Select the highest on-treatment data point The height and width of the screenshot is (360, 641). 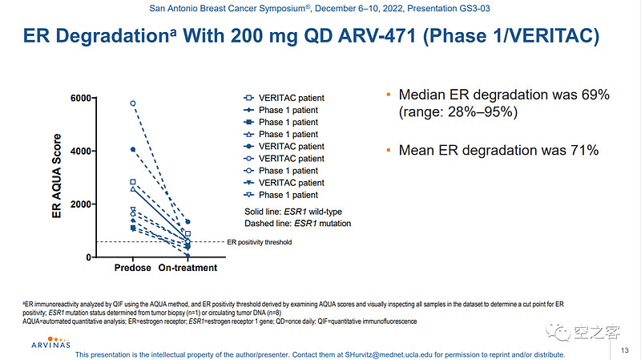(x=187, y=221)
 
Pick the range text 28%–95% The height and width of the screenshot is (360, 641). (x=478, y=112)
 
